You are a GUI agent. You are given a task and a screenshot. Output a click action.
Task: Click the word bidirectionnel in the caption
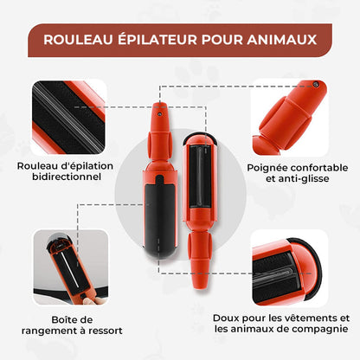(60, 177)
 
